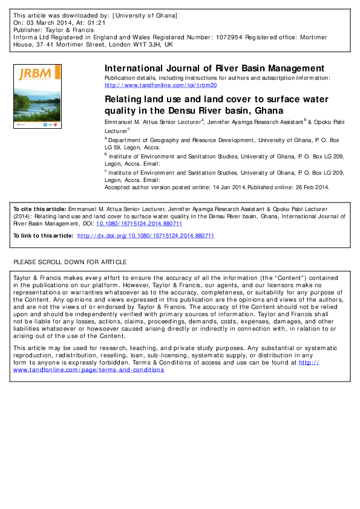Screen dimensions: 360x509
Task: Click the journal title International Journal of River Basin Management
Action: tap(215, 68)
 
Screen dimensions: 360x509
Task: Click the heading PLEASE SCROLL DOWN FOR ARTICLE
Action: tap(70, 262)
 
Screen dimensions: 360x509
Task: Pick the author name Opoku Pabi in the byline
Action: tap(329, 122)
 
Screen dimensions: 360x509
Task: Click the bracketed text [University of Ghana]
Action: tap(145, 14)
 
